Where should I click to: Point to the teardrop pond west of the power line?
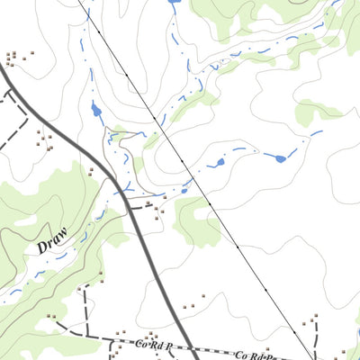96,112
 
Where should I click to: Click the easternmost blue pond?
281,158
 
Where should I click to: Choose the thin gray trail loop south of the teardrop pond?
112,144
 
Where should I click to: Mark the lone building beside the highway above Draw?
90,171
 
